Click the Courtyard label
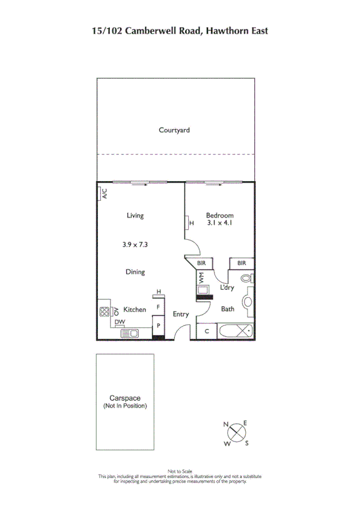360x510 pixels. [174, 130]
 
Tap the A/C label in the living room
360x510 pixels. [104, 194]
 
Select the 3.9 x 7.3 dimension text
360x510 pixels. [135, 244]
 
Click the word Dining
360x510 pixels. [135, 272]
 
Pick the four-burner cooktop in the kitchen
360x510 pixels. [105, 312]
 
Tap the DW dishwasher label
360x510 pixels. [120, 322]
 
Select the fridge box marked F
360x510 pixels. [158, 307]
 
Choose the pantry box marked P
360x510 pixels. [158, 325]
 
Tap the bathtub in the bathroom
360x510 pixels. [236, 331]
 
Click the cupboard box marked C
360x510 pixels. [207, 331]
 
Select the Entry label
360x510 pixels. [181, 314]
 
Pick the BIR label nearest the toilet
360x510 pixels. [242, 263]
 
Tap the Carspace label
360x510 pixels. [124, 398]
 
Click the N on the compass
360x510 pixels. [226, 425]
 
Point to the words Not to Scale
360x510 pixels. [180, 471]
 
